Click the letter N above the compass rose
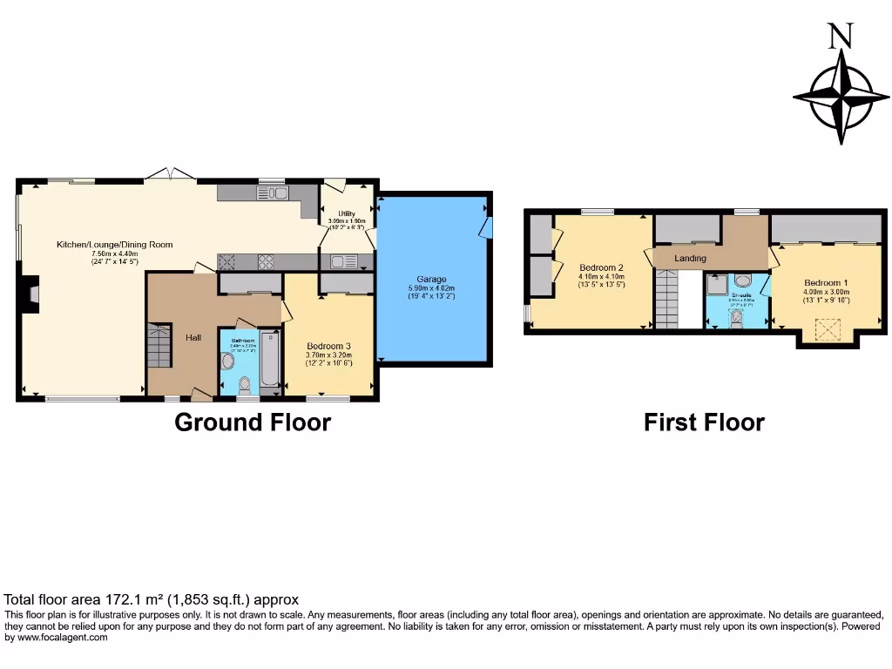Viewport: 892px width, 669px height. click(840, 36)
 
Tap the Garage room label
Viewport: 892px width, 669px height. click(431, 280)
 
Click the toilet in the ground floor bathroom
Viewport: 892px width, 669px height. click(246, 382)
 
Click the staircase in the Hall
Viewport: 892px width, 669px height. click(160, 345)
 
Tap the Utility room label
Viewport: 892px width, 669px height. click(347, 213)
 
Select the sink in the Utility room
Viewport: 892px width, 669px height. click(338, 260)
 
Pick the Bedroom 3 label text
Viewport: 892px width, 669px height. click(328, 346)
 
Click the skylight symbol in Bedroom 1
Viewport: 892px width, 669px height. click(827, 328)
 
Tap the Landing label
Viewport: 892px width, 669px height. click(690, 259)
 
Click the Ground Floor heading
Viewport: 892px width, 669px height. click(253, 422)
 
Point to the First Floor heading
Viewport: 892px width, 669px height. click(704, 422)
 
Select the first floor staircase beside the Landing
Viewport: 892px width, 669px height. click(666, 298)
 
